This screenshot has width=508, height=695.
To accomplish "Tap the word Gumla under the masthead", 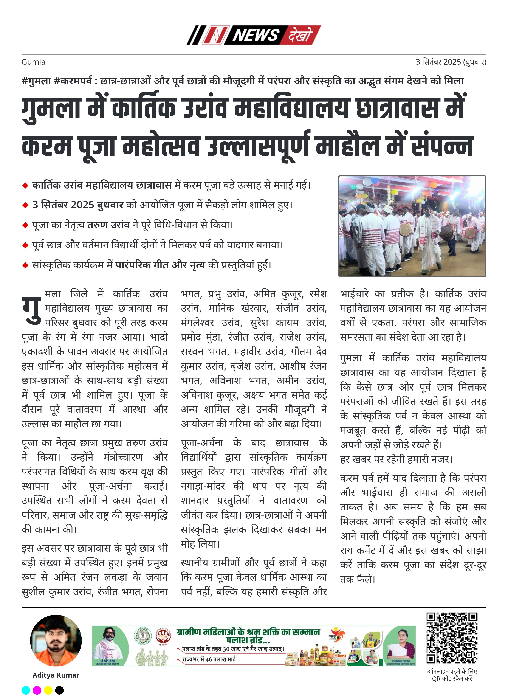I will point(33,62).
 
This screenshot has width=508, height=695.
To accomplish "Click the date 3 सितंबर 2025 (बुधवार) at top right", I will point(451,62).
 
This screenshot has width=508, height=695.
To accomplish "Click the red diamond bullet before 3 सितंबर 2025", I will point(25,205).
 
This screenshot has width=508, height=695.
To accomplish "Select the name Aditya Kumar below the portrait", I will point(56,675).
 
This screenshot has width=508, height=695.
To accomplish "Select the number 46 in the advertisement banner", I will point(209,659).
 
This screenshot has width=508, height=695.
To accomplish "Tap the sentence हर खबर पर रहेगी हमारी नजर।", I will point(396,459).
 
